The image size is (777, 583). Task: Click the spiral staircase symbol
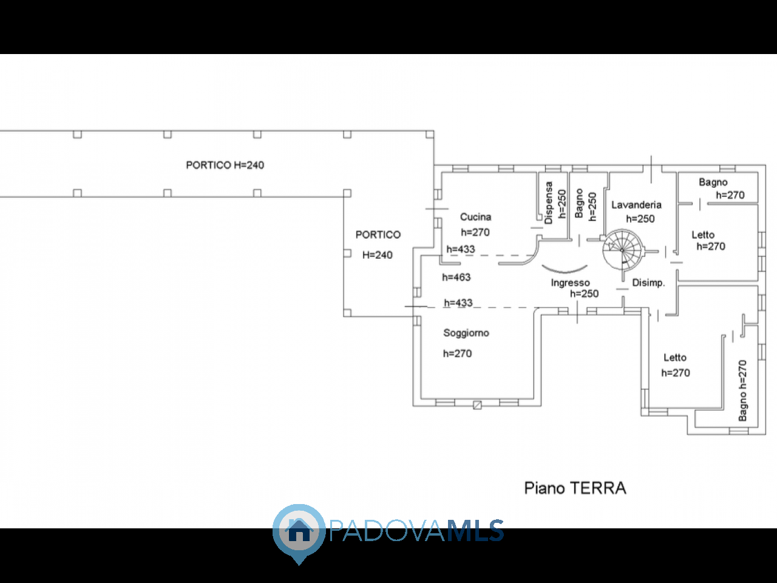tap(623, 250)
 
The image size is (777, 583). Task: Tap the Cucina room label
tap(475, 217)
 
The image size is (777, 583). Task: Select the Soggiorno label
tap(466, 333)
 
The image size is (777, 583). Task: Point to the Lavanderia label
tap(636, 205)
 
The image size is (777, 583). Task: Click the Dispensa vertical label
tap(549, 203)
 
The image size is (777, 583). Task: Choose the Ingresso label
tap(570, 282)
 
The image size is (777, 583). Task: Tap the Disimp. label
tap(648, 282)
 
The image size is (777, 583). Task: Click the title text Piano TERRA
tap(575, 488)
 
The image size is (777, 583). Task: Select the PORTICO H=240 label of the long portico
tap(225, 165)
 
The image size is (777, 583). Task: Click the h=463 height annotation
tap(456, 277)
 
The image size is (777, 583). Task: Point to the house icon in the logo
tap(299, 530)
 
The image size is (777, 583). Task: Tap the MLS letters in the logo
tap(475, 530)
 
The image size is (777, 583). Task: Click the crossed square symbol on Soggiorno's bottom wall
tap(477, 405)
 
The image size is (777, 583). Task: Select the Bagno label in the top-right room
tap(713, 182)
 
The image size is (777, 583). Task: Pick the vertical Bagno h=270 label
tap(742, 390)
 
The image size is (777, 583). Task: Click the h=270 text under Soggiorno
tap(457, 353)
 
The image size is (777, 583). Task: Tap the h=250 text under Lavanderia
tap(640, 219)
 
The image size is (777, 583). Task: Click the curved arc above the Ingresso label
tap(565, 269)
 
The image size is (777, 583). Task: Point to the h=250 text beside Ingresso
tap(584, 294)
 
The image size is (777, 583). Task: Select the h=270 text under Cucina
tap(475, 232)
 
